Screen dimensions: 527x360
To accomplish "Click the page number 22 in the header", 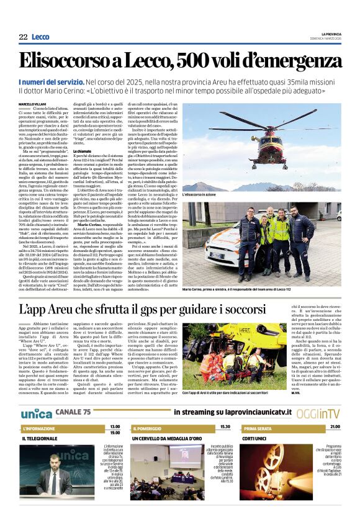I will pos(23,37).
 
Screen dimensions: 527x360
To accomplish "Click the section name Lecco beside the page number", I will pos(40,37).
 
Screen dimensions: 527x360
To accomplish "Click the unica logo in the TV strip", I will pos(36,413).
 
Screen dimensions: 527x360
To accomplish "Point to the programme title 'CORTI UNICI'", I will pos(255,438).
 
